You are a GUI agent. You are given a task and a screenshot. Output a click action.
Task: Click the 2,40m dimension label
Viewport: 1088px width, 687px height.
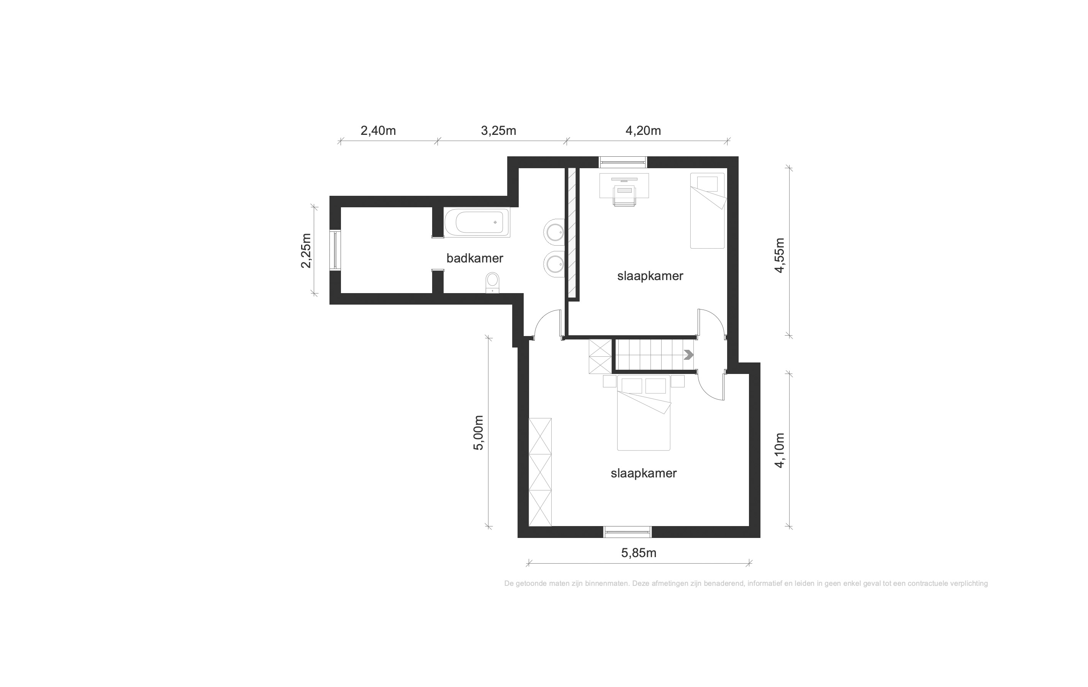pyautogui.click(x=378, y=131)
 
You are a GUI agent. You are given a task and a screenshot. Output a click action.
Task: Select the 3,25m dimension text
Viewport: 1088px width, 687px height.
pyautogui.click(x=498, y=131)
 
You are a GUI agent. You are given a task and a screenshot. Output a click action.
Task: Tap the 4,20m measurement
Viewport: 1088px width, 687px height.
pyautogui.click(x=643, y=131)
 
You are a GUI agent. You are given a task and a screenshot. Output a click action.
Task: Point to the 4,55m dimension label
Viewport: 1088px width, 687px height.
pyautogui.click(x=780, y=255)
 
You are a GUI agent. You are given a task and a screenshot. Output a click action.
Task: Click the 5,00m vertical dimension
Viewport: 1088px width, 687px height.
pyautogui.click(x=478, y=433)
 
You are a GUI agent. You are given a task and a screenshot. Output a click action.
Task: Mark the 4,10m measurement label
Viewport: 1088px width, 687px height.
pyautogui.click(x=780, y=450)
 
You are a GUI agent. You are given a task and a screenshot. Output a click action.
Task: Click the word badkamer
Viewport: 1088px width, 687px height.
pyautogui.click(x=474, y=258)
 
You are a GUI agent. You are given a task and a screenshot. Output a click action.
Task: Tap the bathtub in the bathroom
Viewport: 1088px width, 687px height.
pyautogui.click(x=477, y=222)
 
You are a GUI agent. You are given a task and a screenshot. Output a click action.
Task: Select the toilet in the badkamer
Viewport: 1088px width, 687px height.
pyautogui.click(x=492, y=282)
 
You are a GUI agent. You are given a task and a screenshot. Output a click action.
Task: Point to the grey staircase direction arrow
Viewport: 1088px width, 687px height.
pyautogui.click(x=688, y=355)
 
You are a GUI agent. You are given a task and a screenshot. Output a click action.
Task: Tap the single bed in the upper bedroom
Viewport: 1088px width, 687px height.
pyautogui.click(x=708, y=211)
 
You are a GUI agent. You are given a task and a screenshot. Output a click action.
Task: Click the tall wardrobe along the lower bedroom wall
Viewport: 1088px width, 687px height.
pyautogui.click(x=540, y=472)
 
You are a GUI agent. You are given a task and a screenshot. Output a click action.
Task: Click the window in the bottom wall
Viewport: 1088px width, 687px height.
pyautogui.click(x=628, y=532)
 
